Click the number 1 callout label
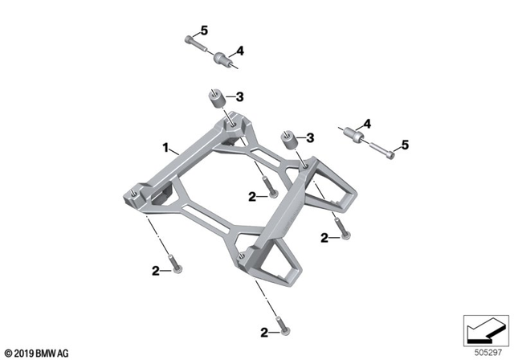pyautogui.click(x=165, y=148)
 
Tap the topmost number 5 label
pyautogui.click(x=204, y=31)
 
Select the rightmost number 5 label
pyautogui.click(x=405, y=145)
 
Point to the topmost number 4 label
pyautogui.click(x=239, y=50)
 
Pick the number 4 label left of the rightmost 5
pyautogui.click(x=366, y=124)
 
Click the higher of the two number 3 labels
pyautogui.click(x=239, y=97)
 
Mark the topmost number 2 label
pyautogui.click(x=252, y=195)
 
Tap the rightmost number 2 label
pyautogui.click(x=324, y=237)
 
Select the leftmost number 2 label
pyautogui.click(x=156, y=270)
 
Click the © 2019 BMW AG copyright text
pyautogui.click(x=36, y=352)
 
